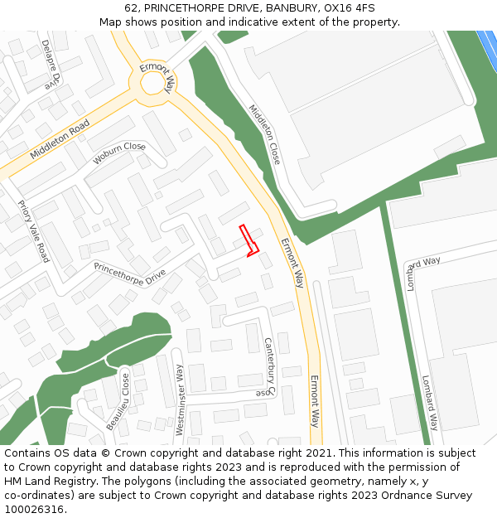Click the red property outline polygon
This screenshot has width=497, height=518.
coord(249,240)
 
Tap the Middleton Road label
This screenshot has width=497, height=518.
coord(60,140)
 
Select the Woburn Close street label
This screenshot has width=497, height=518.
coord(119,152)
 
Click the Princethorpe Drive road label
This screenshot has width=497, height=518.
coord(130,274)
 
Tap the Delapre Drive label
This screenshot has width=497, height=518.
coord(51,63)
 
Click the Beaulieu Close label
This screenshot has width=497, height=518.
coord(118,401)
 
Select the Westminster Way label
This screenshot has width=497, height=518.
coord(180,399)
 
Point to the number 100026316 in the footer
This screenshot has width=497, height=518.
coord(35,510)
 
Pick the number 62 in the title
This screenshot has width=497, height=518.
coord(132,7)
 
